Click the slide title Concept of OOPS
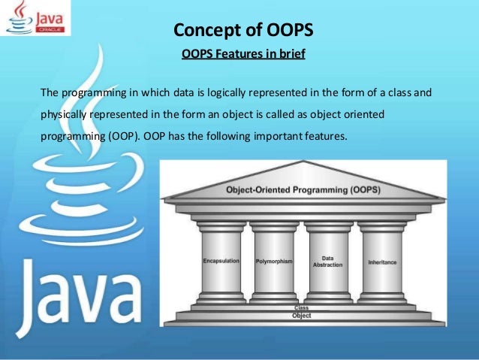point(243,31)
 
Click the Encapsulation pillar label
point(221,261)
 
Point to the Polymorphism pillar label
point(273,262)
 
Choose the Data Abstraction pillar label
point(327,261)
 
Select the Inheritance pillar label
point(382,262)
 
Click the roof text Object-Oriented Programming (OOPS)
point(303,190)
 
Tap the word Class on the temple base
point(301,309)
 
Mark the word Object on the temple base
point(301,316)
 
